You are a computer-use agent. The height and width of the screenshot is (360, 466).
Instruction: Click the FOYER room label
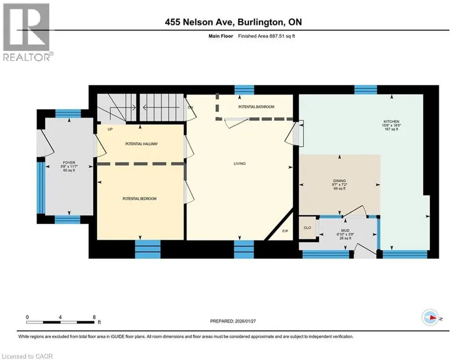tap(69, 163)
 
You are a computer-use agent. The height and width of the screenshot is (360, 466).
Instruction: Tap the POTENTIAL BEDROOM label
tap(140, 198)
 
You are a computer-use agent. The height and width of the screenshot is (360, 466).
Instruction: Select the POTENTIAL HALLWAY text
tap(141, 144)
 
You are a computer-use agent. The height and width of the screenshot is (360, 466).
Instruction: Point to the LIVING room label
tap(239, 163)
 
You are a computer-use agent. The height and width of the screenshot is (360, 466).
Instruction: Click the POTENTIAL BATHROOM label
tap(256, 107)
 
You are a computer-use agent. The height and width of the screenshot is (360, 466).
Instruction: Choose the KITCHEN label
tap(391, 122)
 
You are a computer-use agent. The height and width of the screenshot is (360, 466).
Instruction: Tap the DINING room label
tap(339, 181)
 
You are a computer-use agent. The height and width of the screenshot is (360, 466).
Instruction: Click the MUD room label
tap(345, 231)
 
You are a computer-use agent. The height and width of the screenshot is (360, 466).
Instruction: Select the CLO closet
tap(307, 228)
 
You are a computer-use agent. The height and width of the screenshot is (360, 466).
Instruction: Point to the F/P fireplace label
tap(285, 231)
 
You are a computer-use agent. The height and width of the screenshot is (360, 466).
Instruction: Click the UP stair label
tap(110, 129)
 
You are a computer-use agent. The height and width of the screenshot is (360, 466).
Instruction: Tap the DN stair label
tap(190, 107)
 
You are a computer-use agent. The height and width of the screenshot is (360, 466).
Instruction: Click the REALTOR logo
tap(28, 32)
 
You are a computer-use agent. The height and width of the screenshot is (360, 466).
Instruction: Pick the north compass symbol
tap(430, 318)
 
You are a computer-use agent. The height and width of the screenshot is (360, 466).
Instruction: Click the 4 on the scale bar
tap(60, 317)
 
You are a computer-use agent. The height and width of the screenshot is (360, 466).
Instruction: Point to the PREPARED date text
tap(233, 321)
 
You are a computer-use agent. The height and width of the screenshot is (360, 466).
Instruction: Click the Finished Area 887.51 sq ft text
tap(267, 36)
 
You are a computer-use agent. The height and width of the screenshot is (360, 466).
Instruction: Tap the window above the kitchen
tap(365, 89)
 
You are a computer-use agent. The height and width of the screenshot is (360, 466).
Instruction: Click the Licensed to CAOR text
tap(27, 356)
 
